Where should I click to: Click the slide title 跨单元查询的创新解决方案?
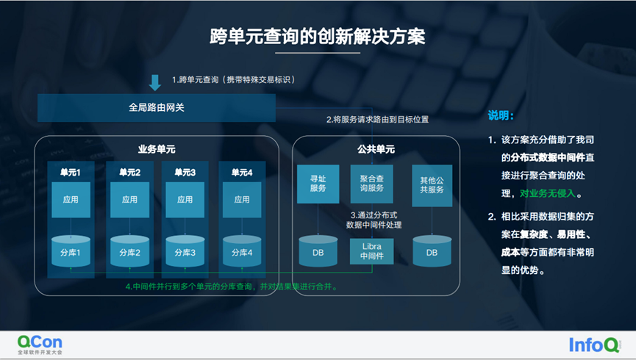[317, 37]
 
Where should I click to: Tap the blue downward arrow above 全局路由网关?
[155, 81]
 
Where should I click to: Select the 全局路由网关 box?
[156, 107]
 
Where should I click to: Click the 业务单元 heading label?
[156, 149]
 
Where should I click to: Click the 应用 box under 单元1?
[71, 199]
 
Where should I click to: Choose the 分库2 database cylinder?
[129, 251]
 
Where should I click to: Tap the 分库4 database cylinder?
[241, 251]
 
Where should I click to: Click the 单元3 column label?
[185, 172]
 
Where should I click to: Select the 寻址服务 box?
[318, 184]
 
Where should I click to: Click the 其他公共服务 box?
[432, 184]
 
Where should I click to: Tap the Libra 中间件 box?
[372, 251]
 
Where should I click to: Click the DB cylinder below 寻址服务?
[318, 251]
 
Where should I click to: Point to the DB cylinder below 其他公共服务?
[432, 251]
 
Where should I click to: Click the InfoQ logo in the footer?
[595, 344]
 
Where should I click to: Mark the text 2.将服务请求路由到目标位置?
[377, 119]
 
